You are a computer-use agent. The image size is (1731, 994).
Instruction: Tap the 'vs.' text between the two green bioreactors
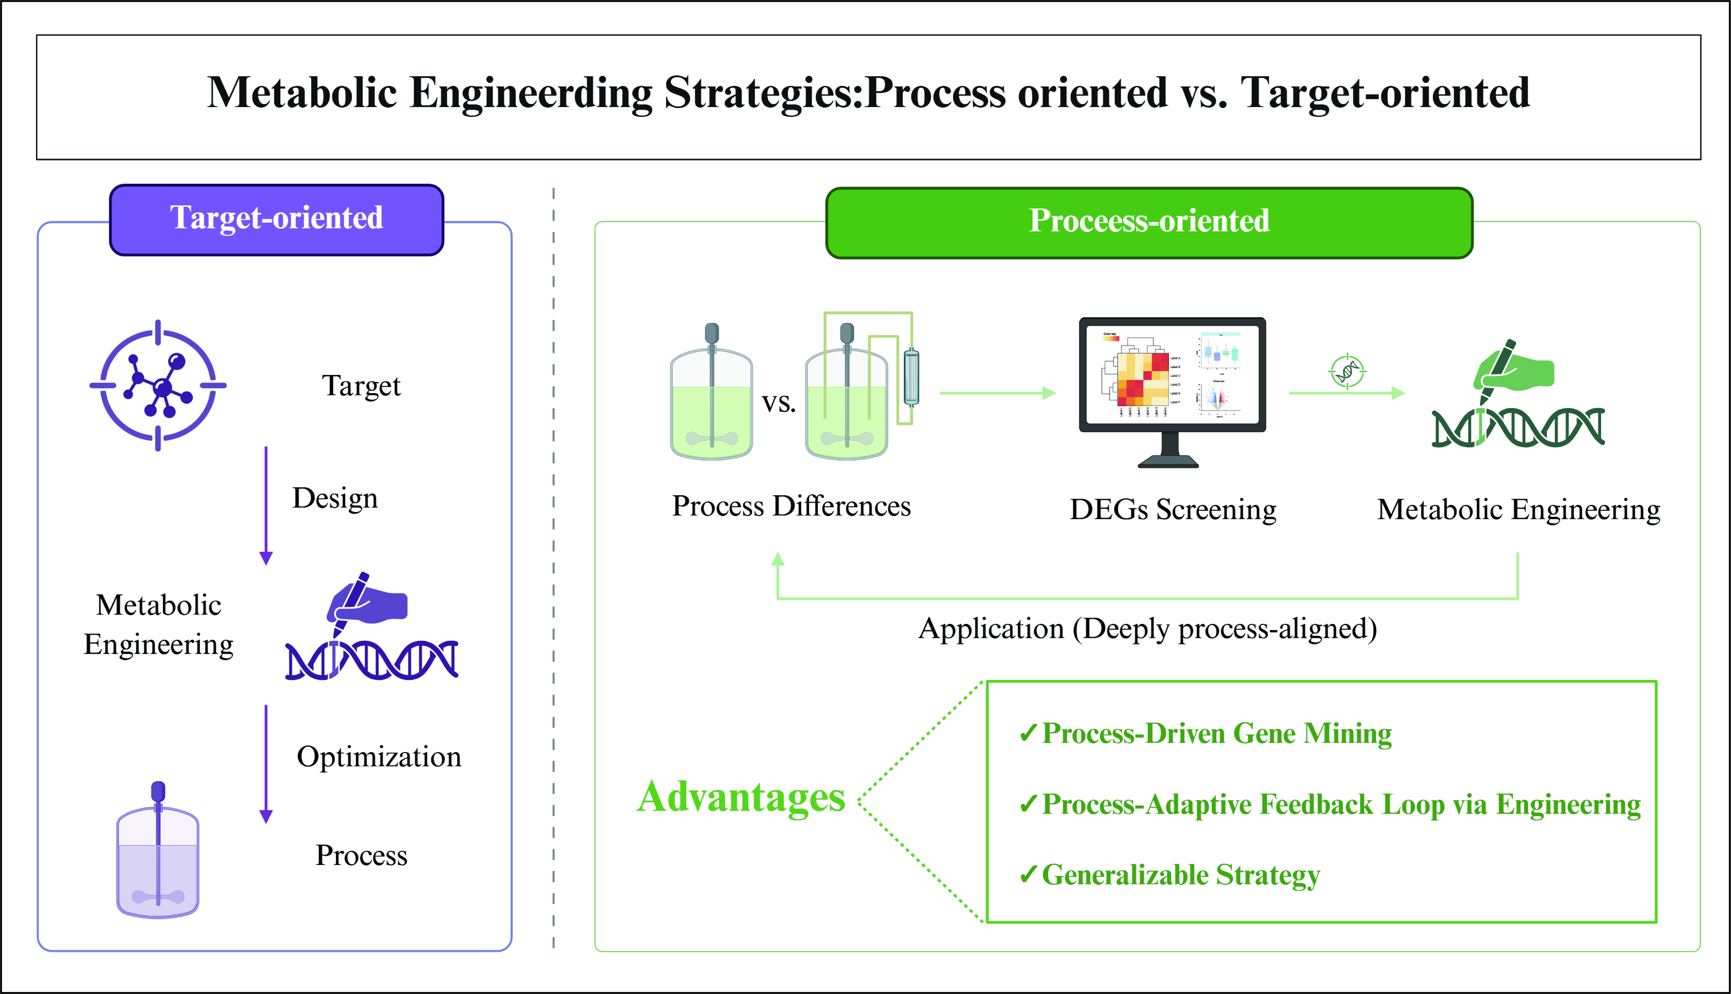click(x=779, y=403)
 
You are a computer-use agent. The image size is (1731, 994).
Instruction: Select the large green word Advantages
click(x=741, y=797)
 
